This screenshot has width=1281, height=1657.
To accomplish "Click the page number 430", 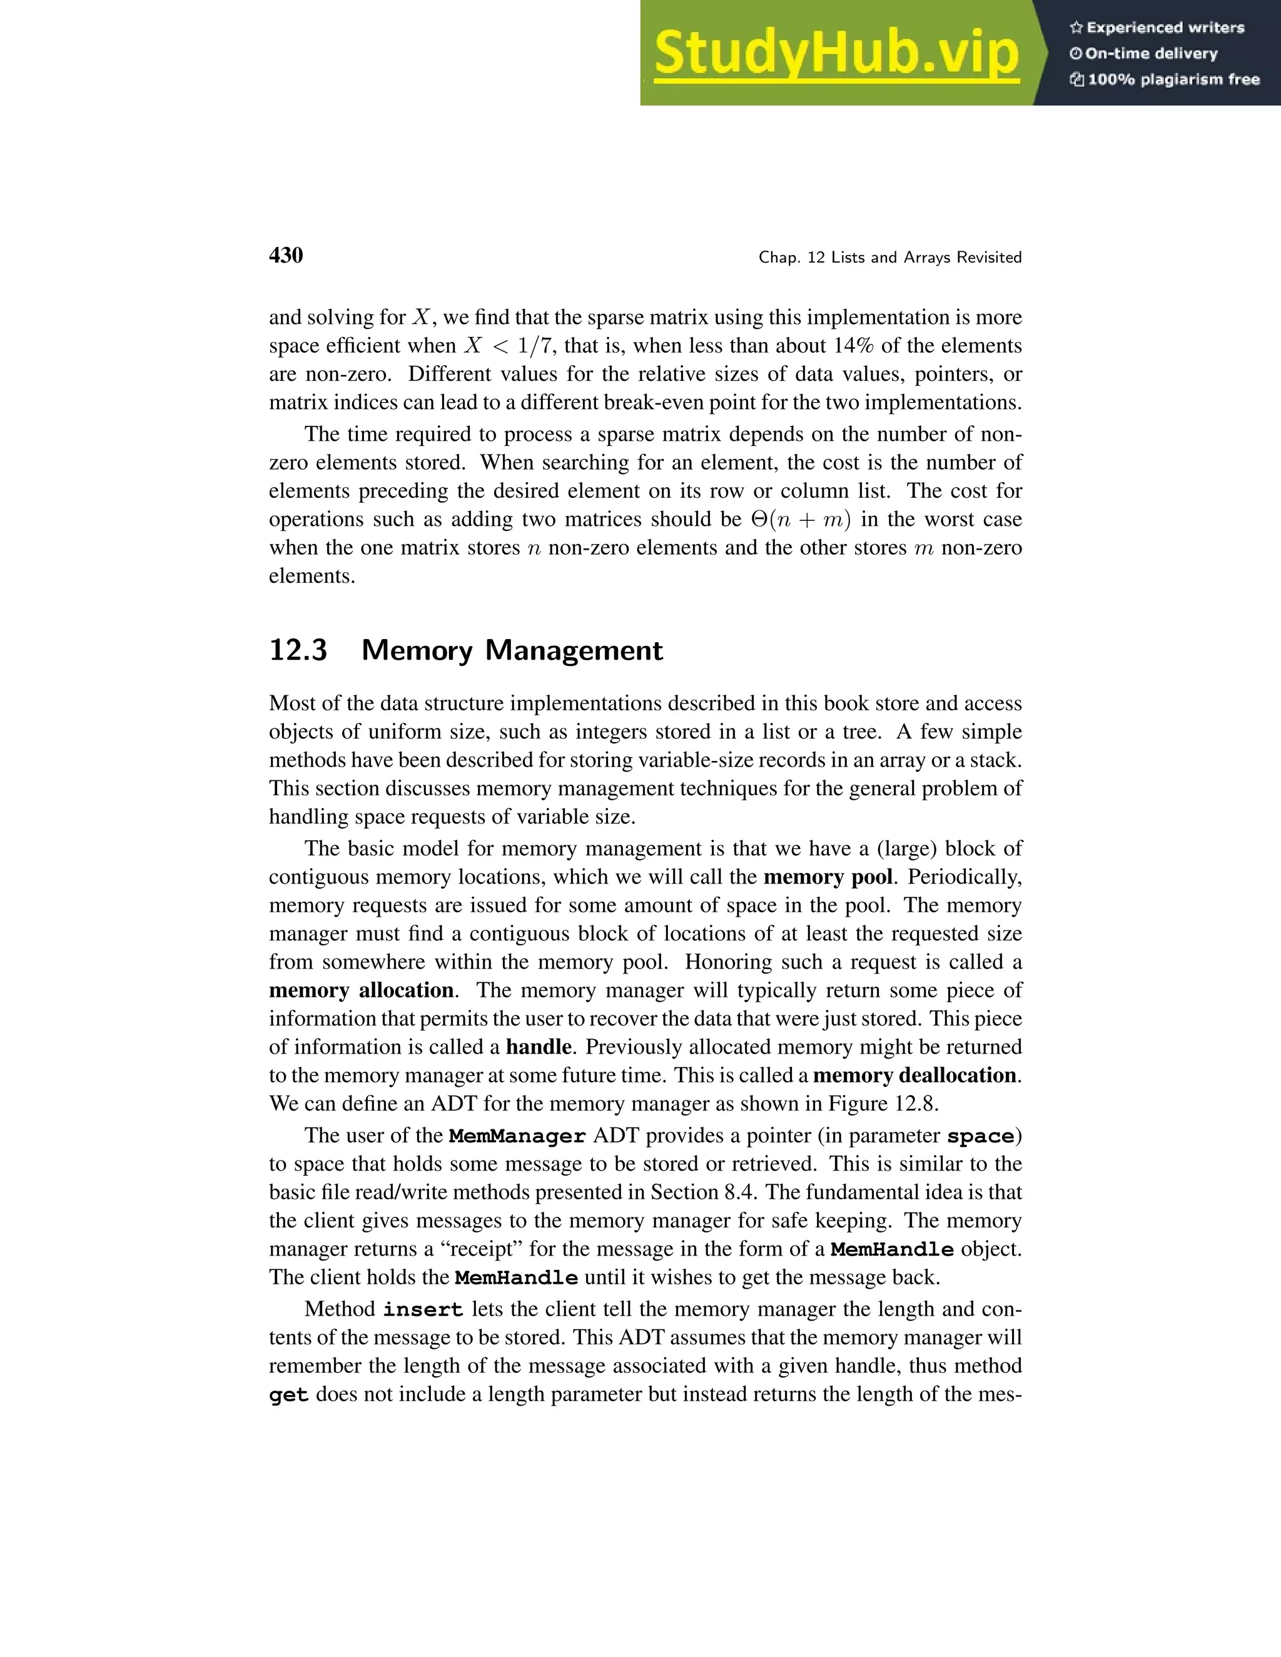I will tap(286, 256).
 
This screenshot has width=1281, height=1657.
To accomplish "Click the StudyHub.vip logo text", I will tap(836, 54).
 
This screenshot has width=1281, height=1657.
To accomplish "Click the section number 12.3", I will tap(298, 650).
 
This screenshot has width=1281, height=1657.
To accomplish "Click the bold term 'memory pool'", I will tap(827, 877).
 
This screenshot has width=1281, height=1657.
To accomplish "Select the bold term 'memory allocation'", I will tap(362, 990).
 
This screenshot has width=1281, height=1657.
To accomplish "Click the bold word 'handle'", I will tap(539, 1047).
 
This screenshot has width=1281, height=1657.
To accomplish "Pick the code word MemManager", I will tap(517, 1137).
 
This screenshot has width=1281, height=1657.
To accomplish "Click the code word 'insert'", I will tap(423, 1310).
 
